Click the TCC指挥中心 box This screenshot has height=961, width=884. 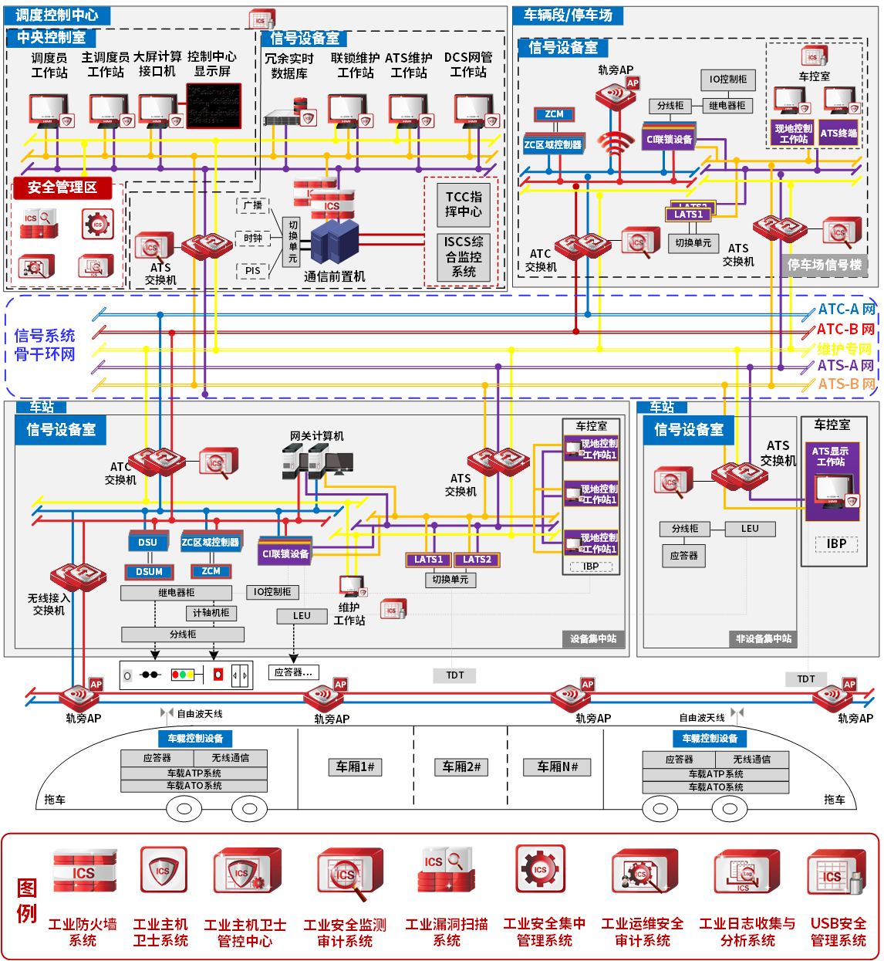click(x=464, y=204)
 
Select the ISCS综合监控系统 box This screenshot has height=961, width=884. click(x=464, y=256)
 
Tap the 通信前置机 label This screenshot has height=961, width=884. click(x=334, y=276)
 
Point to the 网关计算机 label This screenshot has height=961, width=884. click(x=316, y=436)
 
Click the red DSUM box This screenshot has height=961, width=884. click(x=149, y=572)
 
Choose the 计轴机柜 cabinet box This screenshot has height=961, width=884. click(x=211, y=613)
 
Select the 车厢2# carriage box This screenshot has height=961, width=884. click(x=461, y=766)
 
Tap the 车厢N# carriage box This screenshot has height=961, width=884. click(x=557, y=766)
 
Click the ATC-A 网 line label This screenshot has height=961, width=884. click(x=846, y=310)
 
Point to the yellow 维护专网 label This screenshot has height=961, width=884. click(x=845, y=349)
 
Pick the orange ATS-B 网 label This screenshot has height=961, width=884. click(x=846, y=384)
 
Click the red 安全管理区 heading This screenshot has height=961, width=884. click(x=62, y=188)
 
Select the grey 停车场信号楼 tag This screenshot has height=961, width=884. click(x=824, y=265)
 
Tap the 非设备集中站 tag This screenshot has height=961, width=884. click(x=763, y=639)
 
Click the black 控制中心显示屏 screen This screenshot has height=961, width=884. click(x=214, y=106)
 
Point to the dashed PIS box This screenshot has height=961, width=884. click(x=252, y=271)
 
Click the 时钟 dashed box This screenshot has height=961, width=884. click(x=252, y=239)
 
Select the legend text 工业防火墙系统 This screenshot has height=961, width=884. click(x=83, y=932)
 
